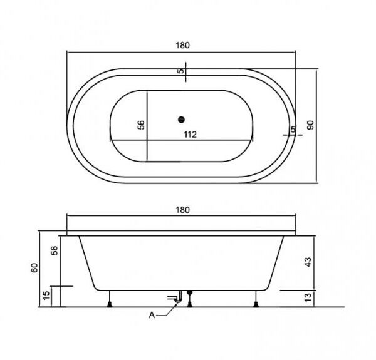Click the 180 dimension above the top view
[x=183, y=45]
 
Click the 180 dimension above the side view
[x=183, y=210]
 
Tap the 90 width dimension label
[x=310, y=125]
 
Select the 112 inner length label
[x=190, y=135]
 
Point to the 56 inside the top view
[x=141, y=125]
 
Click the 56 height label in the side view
[x=55, y=250]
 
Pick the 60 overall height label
[x=34, y=267]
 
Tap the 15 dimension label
[x=46, y=295]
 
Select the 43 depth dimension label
[x=308, y=262]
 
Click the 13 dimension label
[x=308, y=297]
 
